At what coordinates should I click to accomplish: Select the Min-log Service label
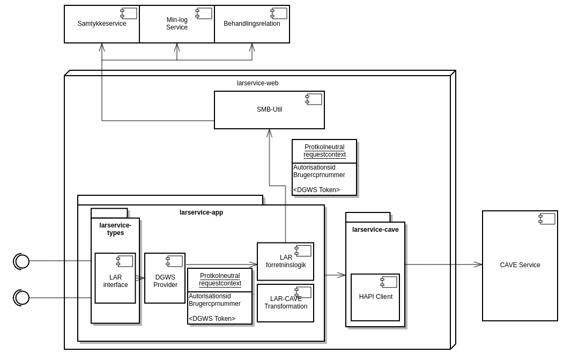coord(177,24)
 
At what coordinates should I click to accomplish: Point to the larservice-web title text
coord(257,83)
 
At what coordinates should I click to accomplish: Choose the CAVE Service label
coord(520,265)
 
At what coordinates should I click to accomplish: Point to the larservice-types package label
coord(115,229)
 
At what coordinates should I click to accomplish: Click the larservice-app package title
coord(201,212)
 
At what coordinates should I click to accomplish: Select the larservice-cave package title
coord(375,230)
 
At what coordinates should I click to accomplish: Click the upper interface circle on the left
coord(22,261)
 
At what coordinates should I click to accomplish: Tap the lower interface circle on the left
coord(22,298)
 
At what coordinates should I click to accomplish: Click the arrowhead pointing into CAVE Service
coord(478,265)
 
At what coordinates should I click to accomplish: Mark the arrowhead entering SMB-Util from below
coord(270,133)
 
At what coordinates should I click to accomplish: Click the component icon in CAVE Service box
coord(547,219)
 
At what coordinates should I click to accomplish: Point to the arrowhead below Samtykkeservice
coord(102,48)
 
